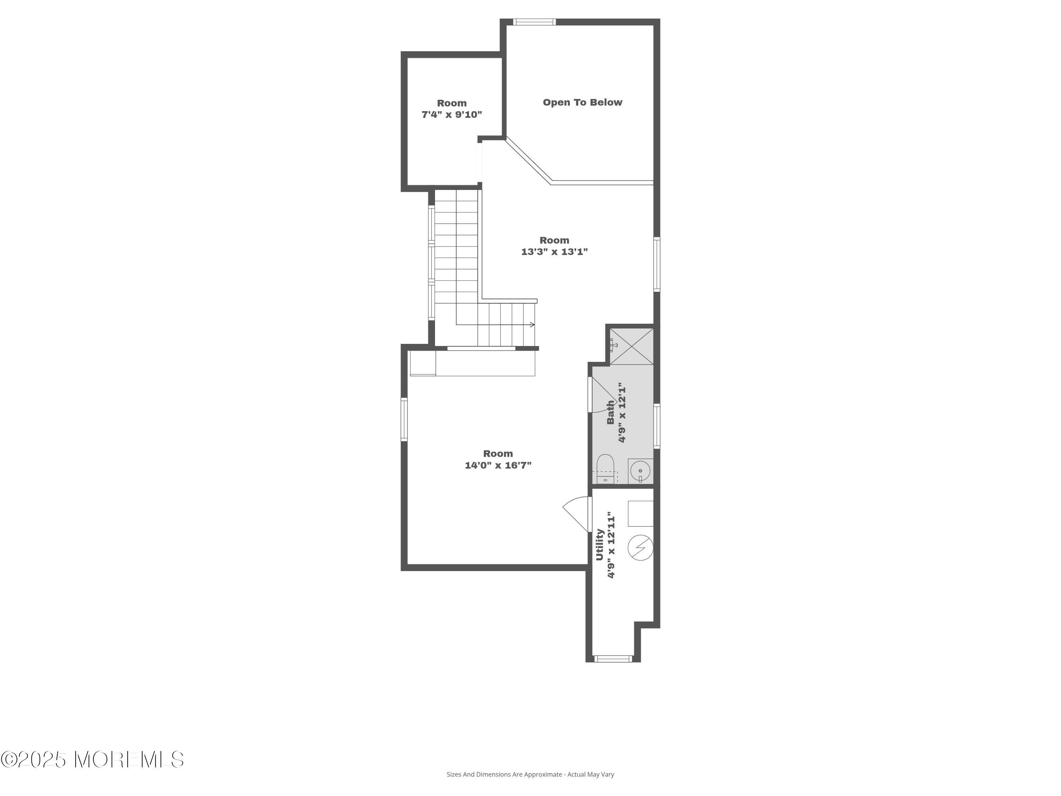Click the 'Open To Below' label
pos(582,102)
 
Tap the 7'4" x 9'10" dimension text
pos(451,115)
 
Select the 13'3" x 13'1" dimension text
pos(555,252)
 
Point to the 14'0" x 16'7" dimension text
pos(498,465)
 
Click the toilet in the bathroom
pos(605,468)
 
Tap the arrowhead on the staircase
pos(532,325)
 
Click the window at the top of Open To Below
pos(534,22)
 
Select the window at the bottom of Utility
pos(614,658)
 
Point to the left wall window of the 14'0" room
pos(404,419)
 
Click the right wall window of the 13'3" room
pos(657,264)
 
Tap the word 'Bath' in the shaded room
pos(610,412)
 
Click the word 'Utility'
pos(599,544)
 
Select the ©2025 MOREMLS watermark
pos(92,760)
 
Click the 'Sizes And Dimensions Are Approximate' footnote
pos(530,788)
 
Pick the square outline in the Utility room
pos(641,513)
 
